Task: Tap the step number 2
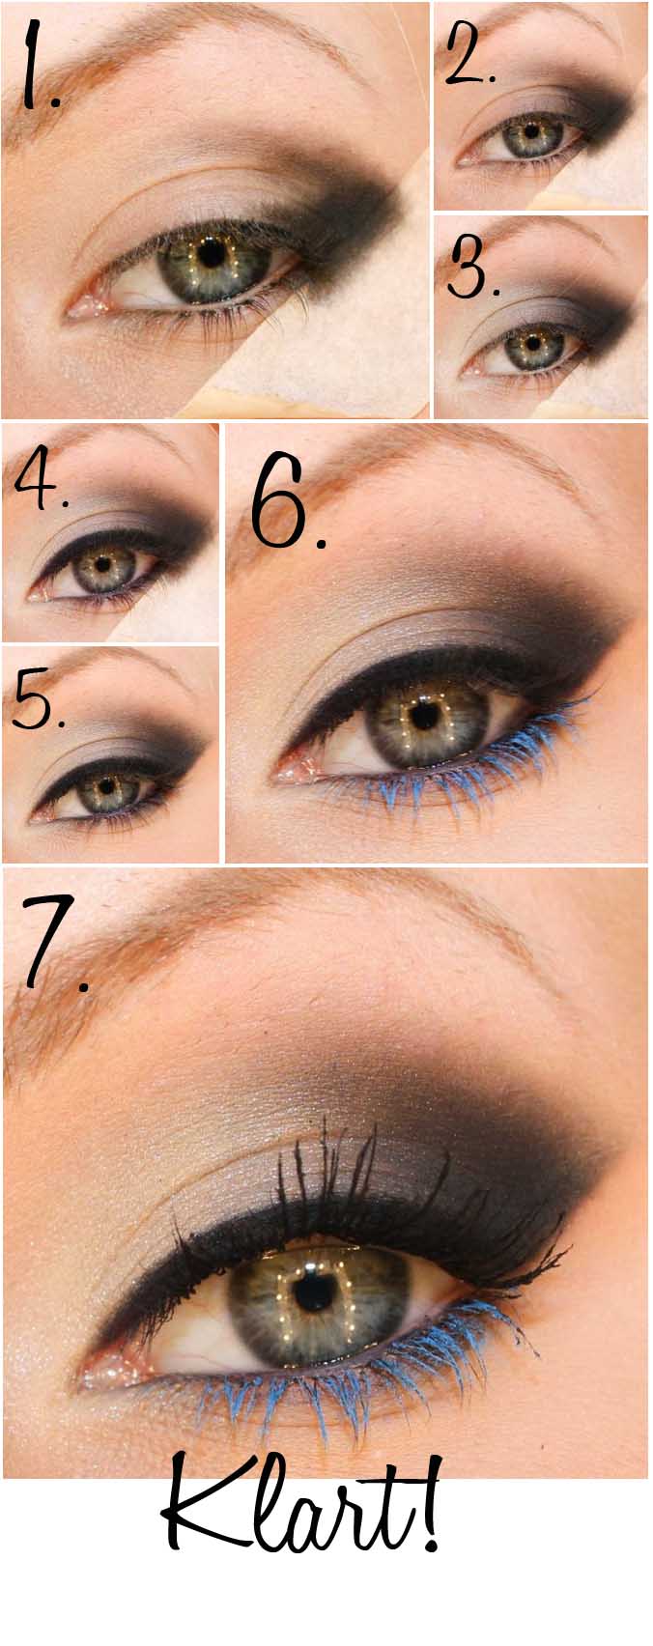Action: pos(469,52)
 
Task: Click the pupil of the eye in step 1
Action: pos(213,253)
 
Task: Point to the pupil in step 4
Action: pos(103,564)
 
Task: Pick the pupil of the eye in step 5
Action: pos(109,784)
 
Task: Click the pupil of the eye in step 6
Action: pos(425,717)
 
